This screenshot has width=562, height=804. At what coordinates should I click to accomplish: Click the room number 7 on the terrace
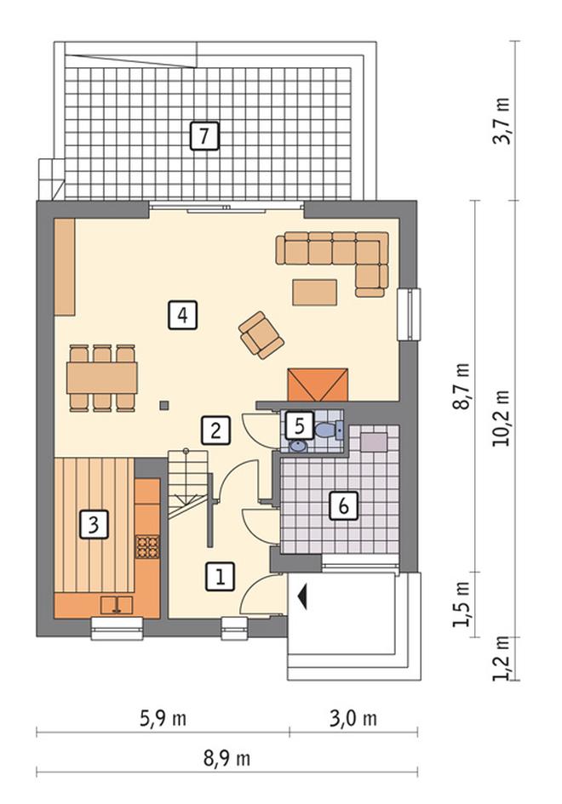point(204,136)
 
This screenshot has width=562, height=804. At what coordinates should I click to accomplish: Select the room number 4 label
point(183,314)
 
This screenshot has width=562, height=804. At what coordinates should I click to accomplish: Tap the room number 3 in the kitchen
point(94,524)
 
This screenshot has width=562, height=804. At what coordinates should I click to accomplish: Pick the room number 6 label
point(343,505)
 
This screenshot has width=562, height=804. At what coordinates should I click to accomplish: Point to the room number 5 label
point(300,426)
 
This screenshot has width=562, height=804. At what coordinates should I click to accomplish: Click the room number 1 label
point(221,577)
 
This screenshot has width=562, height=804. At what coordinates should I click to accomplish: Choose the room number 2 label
point(215,430)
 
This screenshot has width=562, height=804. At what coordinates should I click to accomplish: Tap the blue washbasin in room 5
point(298,446)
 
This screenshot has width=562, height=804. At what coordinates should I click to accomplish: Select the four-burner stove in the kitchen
point(147,546)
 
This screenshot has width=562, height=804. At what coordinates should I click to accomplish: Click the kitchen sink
point(117,605)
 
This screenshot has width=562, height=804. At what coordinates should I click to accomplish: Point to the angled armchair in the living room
point(261,335)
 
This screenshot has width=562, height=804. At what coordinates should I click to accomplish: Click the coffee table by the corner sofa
point(314,293)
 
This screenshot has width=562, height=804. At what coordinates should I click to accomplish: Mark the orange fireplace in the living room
point(318,385)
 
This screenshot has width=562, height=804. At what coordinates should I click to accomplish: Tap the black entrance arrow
point(302,597)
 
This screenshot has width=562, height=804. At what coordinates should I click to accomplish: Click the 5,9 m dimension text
point(163,718)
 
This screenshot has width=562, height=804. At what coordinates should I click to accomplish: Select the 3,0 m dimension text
point(353,718)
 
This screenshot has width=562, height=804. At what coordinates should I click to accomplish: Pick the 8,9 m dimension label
point(227,758)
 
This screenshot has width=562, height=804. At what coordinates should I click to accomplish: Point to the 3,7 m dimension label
point(502,121)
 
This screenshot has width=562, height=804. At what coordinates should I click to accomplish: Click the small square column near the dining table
point(163,405)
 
